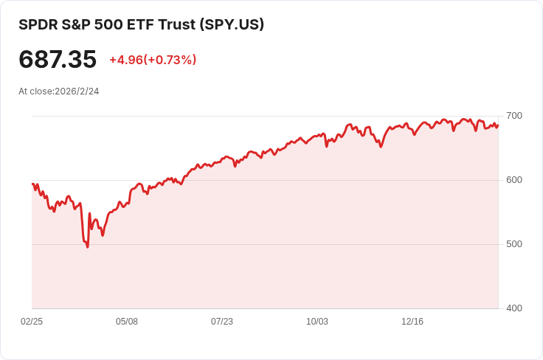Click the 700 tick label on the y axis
(x=514, y=116)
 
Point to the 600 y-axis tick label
(x=514, y=180)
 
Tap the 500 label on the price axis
(x=514, y=244)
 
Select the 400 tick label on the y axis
(x=514, y=308)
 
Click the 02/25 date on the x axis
(x=32, y=322)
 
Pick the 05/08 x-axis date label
(x=127, y=322)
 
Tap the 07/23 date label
(x=222, y=322)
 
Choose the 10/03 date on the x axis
(x=317, y=322)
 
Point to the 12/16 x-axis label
(x=412, y=322)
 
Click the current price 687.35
(x=58, y=60)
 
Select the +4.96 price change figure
(x=125, y=60)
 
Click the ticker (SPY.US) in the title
(x=232, y=24)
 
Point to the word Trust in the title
(x=176, y=24)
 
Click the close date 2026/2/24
(x=77, y=91)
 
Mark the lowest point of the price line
(x=87, y=247)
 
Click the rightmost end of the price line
(x=498, y=125)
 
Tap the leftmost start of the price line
(x=32, y=184)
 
